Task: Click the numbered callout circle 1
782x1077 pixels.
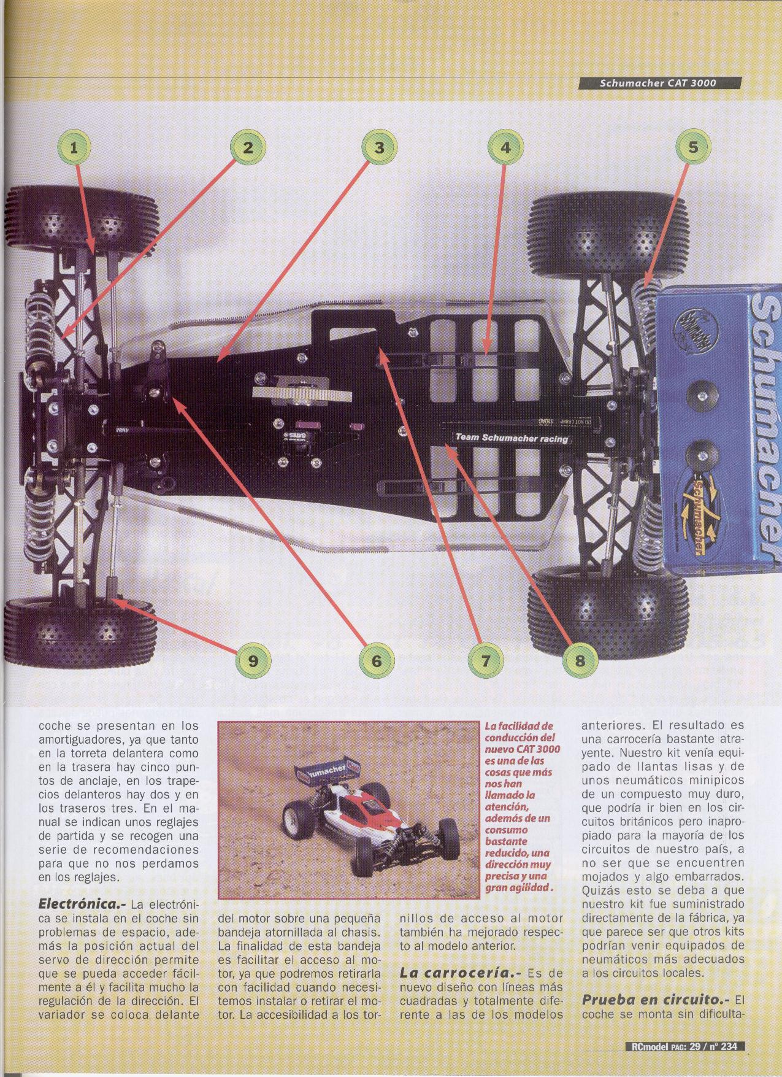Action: [x=74, y=147]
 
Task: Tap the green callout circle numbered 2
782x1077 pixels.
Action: [x=247, y=147]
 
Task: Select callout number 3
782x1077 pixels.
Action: [x=379, y=147]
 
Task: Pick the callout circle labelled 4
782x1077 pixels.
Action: [x=505, y=147]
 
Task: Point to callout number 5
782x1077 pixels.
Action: [x=692, y=147]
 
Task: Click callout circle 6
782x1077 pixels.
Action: [x=376, y=660]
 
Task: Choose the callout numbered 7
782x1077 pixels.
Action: [x=485, y=660]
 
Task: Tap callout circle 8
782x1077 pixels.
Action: [x=580, y=660]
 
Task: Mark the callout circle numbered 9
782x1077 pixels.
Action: [x=252, y=660]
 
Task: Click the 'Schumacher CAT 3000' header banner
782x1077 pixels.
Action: [x=659, y=83]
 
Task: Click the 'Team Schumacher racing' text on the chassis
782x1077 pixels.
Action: [x=511, y=438]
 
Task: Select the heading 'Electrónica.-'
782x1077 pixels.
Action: [x=82, y=904]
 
